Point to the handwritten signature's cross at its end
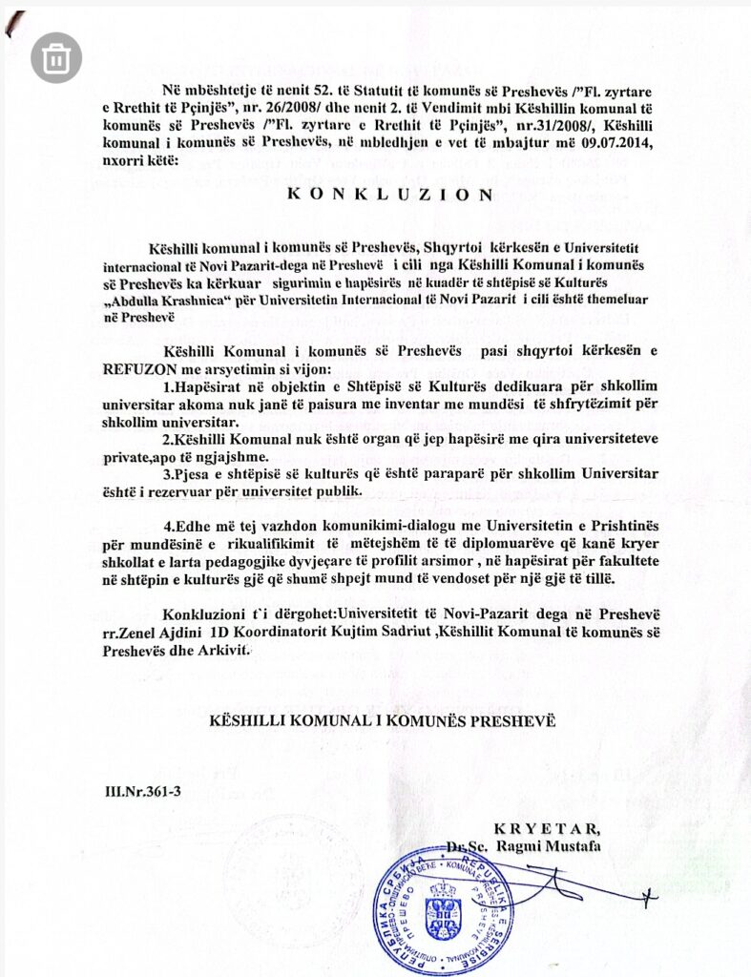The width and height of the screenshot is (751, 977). click(648, 897)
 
